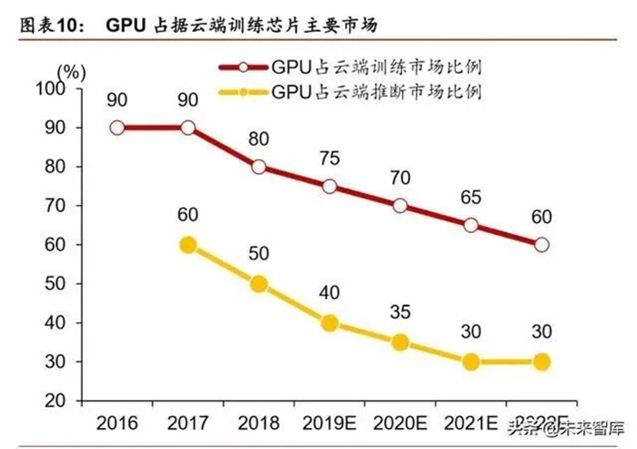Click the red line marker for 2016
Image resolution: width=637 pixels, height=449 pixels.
[117, 128]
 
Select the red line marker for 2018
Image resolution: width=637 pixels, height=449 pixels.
[259, 167]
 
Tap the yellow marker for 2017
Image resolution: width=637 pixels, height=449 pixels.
[188, 245]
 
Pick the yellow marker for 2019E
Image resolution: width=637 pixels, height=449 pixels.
[329, 323]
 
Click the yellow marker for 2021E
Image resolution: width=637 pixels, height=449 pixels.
[471, 362]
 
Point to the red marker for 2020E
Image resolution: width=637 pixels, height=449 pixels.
[400, 206]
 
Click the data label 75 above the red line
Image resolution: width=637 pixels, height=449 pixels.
[329, 158]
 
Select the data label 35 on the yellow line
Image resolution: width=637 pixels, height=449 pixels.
[400, 312]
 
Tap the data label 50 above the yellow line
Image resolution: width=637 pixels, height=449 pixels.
[259, 254]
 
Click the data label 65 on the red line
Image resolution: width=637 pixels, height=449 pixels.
[471, 195]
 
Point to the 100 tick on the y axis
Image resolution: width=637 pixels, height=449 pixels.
[57, 88]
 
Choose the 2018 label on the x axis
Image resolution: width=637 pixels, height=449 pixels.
[259, 424]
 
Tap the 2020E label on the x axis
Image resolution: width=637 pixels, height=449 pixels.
[400, 424]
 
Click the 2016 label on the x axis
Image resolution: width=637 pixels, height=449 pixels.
[117, 424]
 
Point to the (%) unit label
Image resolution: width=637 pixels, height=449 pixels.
[70, 70]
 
